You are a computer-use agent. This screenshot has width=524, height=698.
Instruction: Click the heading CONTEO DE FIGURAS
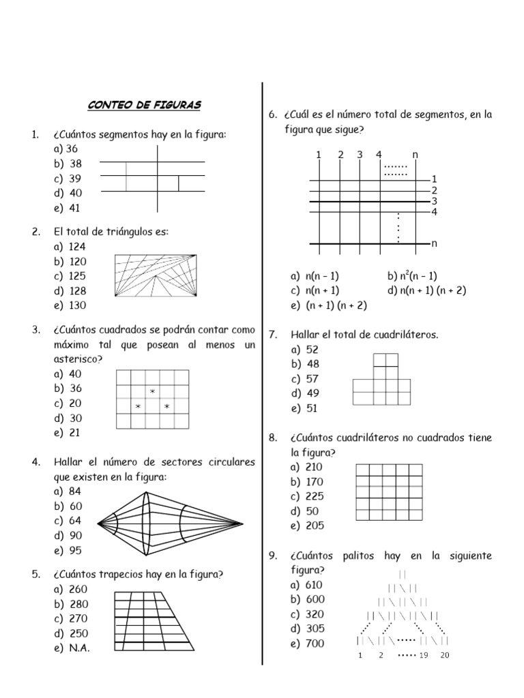coord(144,106)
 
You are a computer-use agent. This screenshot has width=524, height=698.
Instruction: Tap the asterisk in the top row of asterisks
coord(153,391)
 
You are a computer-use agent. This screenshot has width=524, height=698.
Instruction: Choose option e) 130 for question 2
coord(70,305)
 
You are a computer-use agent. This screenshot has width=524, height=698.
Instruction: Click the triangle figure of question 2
coord(156,276)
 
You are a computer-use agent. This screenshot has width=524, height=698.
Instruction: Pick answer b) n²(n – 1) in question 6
coord(412,276)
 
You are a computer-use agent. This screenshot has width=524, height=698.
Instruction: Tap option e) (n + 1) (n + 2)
coord(329,305)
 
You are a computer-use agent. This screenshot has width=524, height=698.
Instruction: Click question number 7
coord(272,335)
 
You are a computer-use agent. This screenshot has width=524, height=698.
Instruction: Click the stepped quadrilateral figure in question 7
coord(381,382)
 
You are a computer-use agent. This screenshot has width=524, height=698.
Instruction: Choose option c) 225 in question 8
coord(306,496)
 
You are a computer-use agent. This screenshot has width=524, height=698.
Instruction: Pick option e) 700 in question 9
coord(307,643)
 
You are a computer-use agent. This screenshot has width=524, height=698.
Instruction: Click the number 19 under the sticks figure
coord(424,656)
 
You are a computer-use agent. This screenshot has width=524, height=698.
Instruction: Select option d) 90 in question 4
coord(70,536)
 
